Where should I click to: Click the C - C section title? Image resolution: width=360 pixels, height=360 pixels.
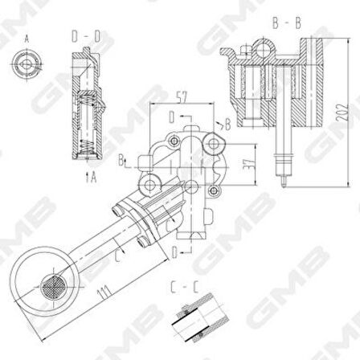pos(182,285)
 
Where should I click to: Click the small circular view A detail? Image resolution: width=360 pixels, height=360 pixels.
pos(22,64)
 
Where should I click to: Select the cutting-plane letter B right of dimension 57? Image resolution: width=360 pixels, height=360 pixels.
pos(227,125)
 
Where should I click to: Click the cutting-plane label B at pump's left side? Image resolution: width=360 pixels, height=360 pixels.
pos(122,161)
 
